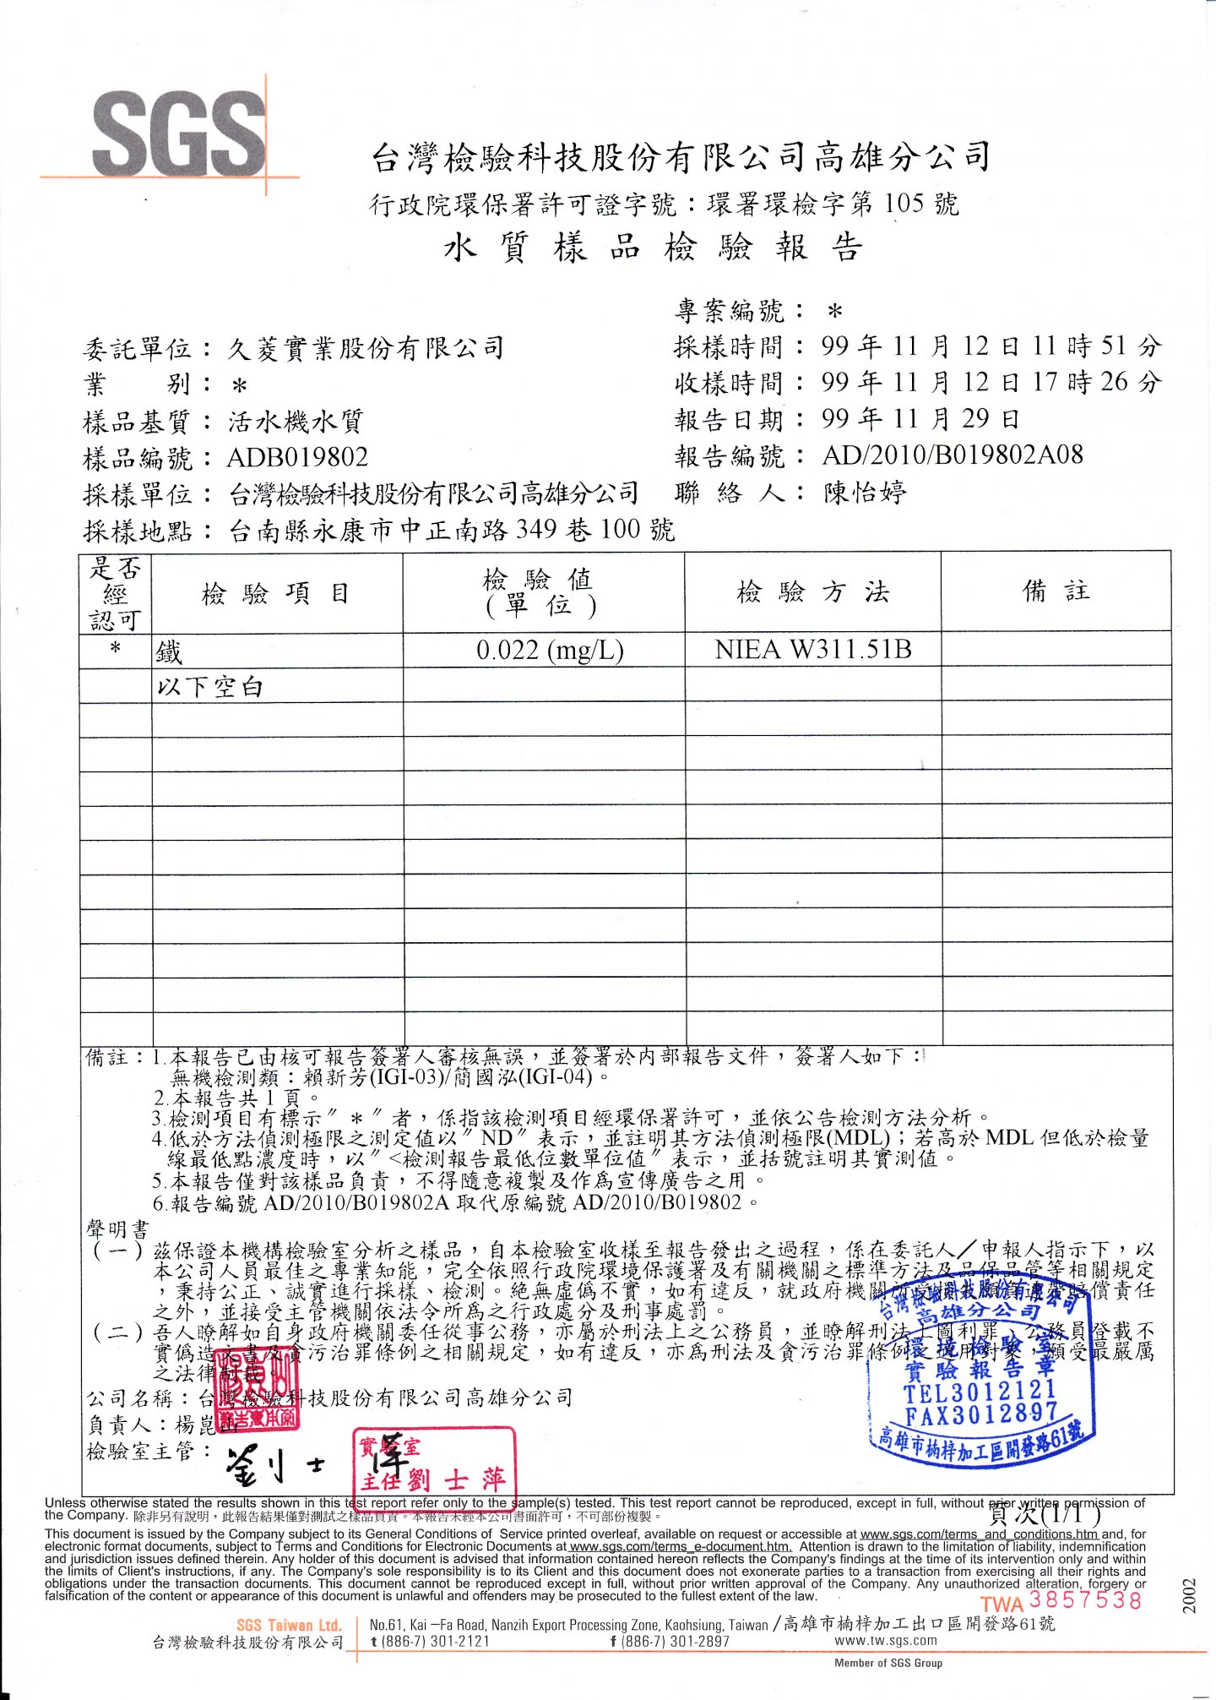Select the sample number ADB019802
[x=297, y=457]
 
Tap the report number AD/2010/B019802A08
[x=952, y=455]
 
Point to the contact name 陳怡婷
[x=866, y=493]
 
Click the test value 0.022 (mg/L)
[x=550, y=650]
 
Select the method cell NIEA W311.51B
[x=812, y=649]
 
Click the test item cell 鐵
[x=169, y=651]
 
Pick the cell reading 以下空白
[x=209, y=686]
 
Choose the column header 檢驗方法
[x=812, y=591]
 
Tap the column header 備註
[x=1056, y=591]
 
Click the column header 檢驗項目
[x=275, y=593]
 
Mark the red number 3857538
[x=1085, y=1599]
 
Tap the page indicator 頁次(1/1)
[x=1045, y=1514]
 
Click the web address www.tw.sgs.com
[x=885, y=1640]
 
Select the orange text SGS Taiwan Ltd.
[x=289, y=1624]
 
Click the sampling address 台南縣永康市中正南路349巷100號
[x=452, y=530]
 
